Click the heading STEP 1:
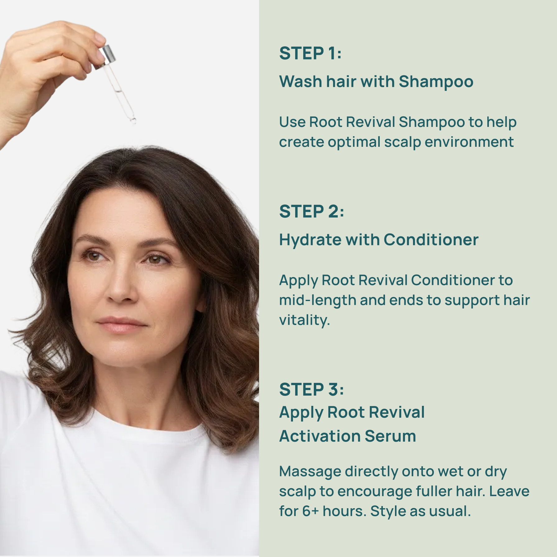point(310,53)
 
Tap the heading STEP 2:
point(312,211)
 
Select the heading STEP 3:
point(312,389)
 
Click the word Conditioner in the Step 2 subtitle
point(431,240)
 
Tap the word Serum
point(390,436)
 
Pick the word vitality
point(304,321)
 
